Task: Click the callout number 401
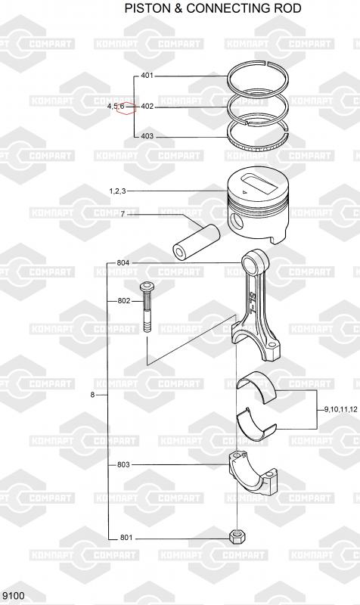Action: point(147,76)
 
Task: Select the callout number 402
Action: point(147,106)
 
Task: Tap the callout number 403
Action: point(147,136)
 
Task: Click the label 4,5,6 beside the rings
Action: point(116,106)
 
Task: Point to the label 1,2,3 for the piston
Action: point(117,191)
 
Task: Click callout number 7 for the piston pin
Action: point(123,214)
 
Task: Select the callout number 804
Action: point(123,263)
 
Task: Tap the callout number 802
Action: point(124,301)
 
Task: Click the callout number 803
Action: point(123,464)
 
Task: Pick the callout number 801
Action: point(126,537)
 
